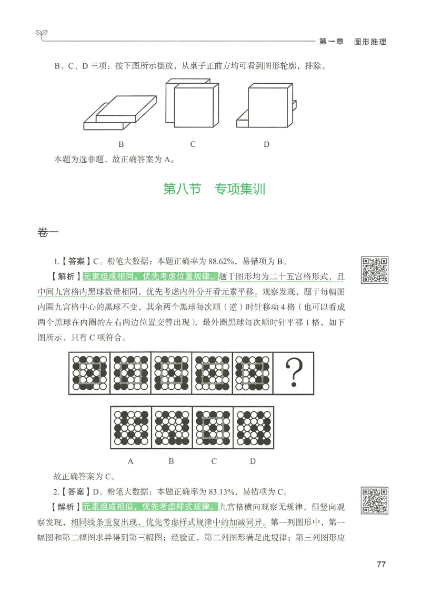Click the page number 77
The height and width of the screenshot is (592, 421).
(382, 565)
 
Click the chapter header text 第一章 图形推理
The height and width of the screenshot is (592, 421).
(353, 42)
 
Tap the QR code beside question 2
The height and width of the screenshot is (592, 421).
(374, 501)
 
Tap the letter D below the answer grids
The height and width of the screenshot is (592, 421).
(253, 461)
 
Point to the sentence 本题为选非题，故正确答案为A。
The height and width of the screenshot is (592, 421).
(114, 159)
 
